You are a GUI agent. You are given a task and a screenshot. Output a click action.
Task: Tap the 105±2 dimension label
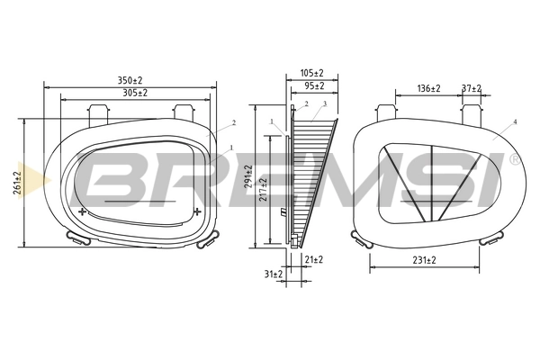point(312,74)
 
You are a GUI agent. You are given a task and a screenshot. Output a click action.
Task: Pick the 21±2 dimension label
point(314,259)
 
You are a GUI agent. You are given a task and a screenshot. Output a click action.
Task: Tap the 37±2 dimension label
point(471,88)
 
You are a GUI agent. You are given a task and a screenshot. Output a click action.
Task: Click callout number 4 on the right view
point(515,121)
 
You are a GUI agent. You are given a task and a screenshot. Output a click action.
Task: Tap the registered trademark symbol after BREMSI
point(514,158)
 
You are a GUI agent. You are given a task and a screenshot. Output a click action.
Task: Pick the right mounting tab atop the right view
point(468,111)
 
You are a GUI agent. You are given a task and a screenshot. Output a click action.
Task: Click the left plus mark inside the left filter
point(84,211)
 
